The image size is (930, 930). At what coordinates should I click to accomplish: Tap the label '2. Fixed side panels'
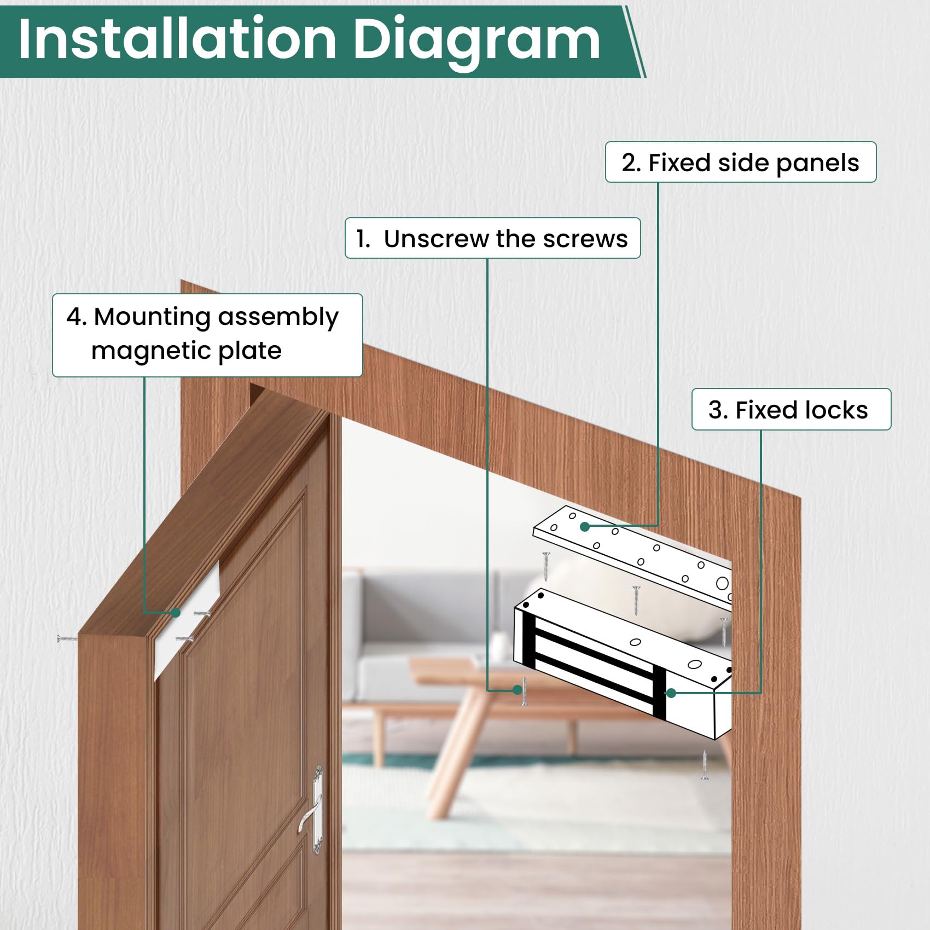click(741, 162)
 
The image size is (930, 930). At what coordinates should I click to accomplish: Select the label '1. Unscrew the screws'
click(492, 239)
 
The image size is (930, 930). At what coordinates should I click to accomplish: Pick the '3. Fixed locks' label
click(791, 410)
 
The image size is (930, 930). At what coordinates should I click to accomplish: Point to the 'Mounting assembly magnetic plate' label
click(207, 335)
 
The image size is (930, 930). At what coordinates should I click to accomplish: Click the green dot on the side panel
click(585, 527)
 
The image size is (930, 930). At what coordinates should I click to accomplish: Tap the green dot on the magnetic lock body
click(671, 693)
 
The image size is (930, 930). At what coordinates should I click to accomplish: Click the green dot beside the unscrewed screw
click(518, 690)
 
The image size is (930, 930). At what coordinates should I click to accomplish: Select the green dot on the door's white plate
click(176, 613)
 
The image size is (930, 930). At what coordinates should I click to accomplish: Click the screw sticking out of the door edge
click(67, 638)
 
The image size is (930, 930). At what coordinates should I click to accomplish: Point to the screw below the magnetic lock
click(705, 765)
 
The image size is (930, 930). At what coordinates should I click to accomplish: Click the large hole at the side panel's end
click(722, 584)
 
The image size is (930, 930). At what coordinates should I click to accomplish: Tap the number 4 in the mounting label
click(75, 317)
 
